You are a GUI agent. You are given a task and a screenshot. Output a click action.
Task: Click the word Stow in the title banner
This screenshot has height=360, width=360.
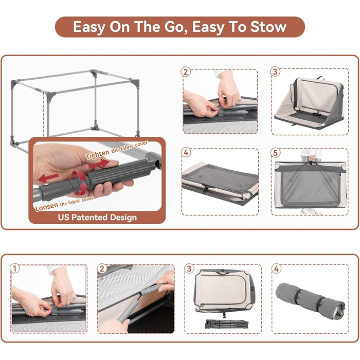(268, 27)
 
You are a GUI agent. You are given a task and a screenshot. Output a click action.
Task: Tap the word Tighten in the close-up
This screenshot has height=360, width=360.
(97, 154)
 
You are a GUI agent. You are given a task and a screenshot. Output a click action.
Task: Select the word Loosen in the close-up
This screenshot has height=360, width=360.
(47, 206)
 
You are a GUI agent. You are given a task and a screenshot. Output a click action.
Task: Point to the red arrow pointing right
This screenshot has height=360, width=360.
(99, 164)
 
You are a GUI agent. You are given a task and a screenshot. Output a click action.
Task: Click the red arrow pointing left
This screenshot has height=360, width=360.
(48, 178)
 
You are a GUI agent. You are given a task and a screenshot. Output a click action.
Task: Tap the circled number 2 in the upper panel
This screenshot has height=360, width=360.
(186, 71)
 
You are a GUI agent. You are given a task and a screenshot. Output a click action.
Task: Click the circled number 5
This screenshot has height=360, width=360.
(275, 152)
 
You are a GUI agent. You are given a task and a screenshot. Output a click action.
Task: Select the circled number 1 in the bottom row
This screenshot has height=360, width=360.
(15, 268)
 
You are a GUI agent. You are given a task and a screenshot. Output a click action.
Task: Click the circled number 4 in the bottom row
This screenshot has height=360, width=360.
(276, 268)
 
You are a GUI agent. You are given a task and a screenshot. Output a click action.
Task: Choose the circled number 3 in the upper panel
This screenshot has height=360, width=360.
(275, 71)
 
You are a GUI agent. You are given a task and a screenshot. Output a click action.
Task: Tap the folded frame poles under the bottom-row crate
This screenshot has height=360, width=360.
(227, 323)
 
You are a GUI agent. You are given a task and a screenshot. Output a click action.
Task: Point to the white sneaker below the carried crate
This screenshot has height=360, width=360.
(312, 211)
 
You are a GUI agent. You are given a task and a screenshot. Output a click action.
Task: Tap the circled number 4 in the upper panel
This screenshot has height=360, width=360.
(186, 152)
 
